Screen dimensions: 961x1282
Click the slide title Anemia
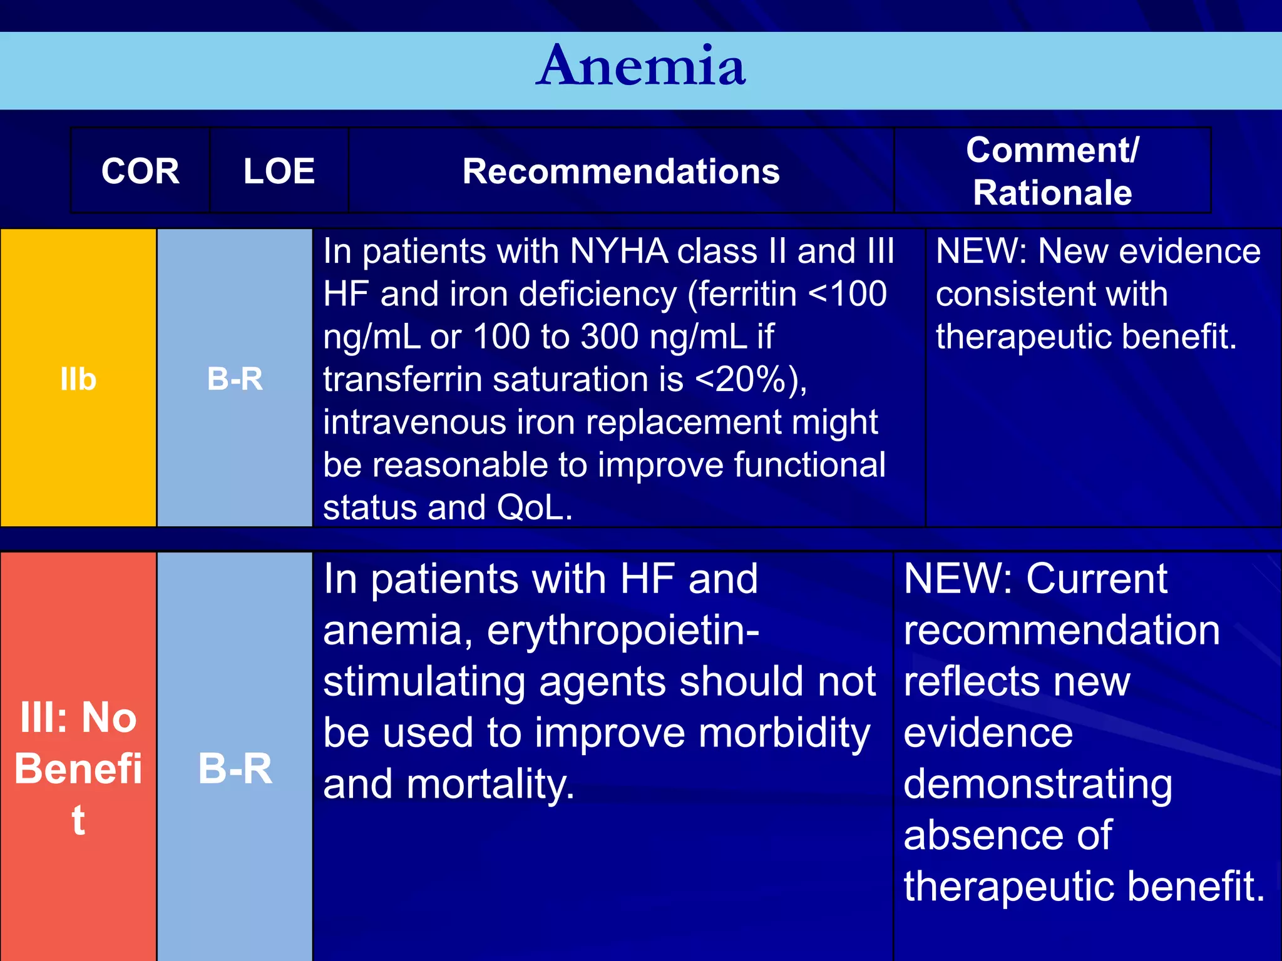[640, 67]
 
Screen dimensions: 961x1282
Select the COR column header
[140, 171]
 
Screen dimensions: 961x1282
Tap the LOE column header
[279, 171]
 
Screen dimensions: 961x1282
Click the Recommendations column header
[621, 171]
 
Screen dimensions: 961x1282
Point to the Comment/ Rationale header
[1052, 171]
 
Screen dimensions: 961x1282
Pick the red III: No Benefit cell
[78, 768]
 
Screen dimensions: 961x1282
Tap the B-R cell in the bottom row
[235, 768]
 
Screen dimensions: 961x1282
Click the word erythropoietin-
[623, 630]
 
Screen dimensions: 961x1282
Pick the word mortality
[490, 785]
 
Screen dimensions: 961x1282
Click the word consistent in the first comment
[1052, 294]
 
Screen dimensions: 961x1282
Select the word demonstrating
[1038, 785]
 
